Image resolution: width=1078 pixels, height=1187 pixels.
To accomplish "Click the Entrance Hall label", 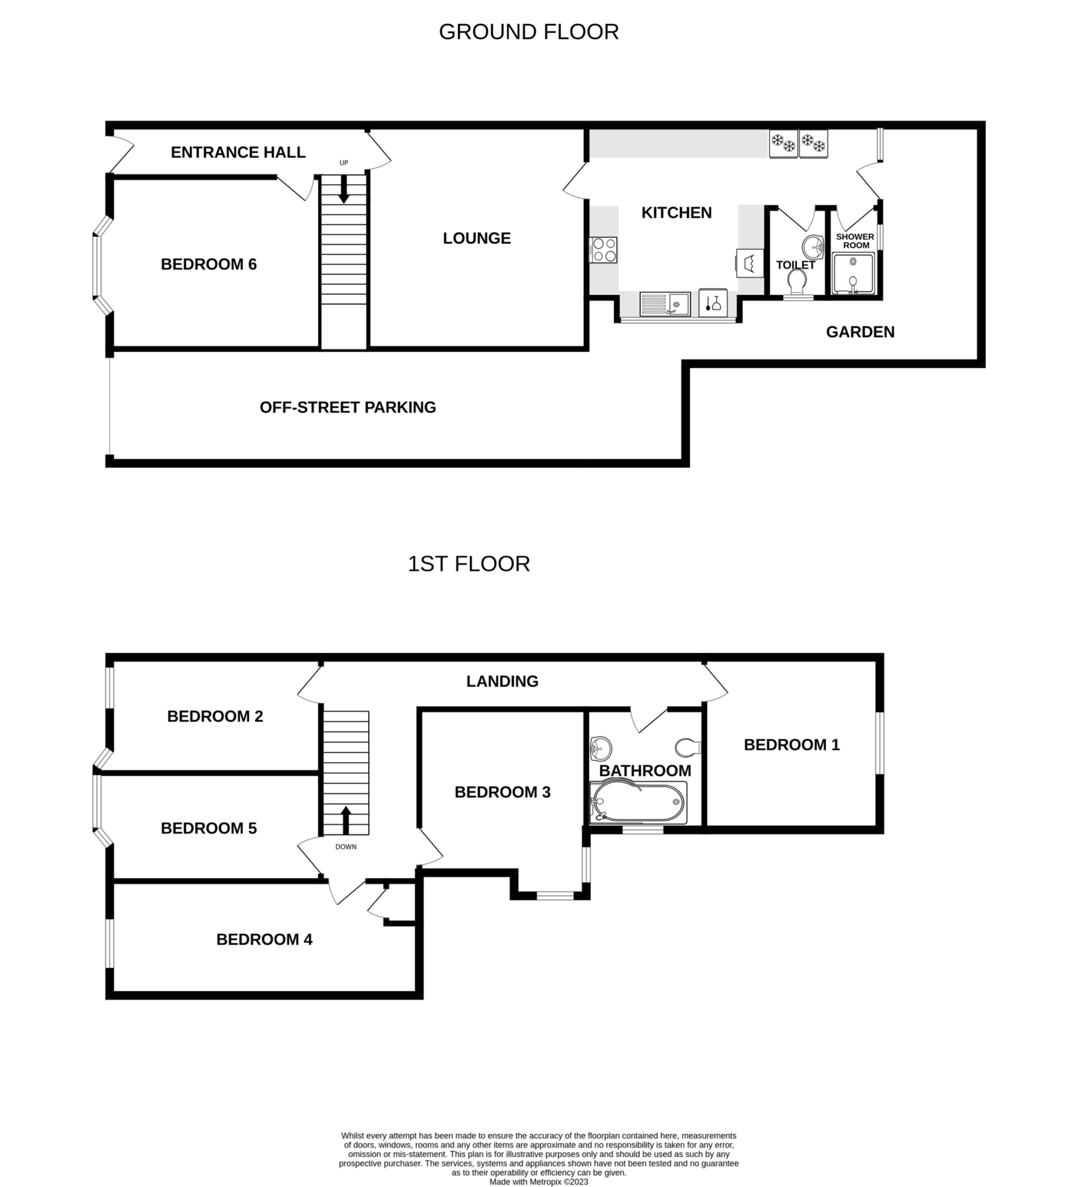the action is [x=238, y=153].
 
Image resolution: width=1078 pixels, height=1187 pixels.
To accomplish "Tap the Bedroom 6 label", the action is [x=209, y=264].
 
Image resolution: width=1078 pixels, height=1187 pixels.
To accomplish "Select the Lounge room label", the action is [x=477, y=238].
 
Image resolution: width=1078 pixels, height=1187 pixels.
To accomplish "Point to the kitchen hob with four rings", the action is [x=604, y=250].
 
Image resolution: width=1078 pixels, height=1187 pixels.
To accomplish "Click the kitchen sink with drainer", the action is [x=665, y=305].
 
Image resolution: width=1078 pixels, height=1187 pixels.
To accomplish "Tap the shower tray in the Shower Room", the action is [x=853, y=274].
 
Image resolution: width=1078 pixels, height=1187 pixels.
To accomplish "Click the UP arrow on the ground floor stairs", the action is [x=343, y=190].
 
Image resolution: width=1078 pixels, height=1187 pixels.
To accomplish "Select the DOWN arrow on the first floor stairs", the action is [x=345, y=820].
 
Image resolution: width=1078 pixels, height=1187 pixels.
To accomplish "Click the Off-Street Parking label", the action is [x=348, y=408].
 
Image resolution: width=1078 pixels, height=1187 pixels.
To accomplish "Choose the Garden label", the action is [x=860, y=332].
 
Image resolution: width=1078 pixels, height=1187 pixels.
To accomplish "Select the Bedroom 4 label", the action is [x=264, y=939].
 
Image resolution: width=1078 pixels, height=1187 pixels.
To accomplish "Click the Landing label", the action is [x=502, y=681].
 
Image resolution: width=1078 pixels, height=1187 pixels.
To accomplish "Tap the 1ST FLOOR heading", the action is [x=468, y=564].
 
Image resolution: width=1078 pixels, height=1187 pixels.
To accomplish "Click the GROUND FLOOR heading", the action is [x=529, y=32].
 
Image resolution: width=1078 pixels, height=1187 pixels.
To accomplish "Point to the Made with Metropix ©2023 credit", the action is [x=538, y=1182].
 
